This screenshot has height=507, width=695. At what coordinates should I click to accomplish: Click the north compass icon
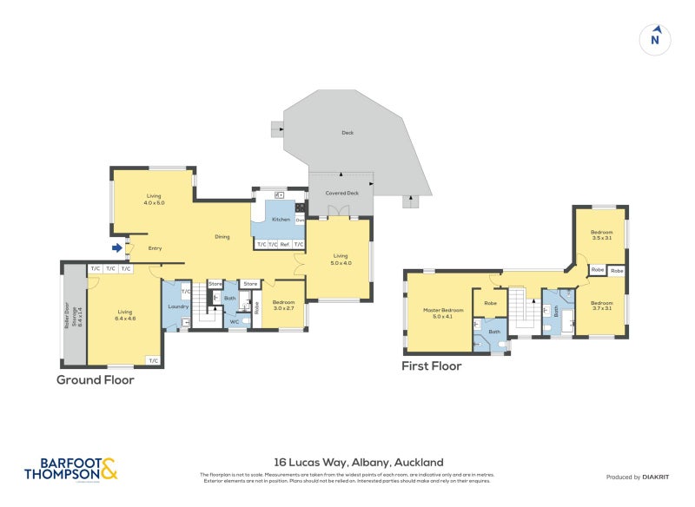pos(656,39)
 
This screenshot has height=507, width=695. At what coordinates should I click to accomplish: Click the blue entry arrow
pos(116,248)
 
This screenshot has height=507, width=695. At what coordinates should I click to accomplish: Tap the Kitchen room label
pos(281,220)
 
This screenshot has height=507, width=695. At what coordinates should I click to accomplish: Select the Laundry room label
pos(178,306)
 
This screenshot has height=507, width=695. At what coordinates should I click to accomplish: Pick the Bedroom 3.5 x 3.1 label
pos(602,234)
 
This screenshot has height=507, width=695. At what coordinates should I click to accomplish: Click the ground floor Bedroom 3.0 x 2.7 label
pos(284,306)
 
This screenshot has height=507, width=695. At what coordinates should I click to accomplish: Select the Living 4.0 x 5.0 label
pos(155,199)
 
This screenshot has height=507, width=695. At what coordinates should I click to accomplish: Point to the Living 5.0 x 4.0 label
pos(340,260)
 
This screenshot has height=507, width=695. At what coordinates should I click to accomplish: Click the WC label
pos(235,322)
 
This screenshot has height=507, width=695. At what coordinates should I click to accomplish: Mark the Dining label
pos(222,236)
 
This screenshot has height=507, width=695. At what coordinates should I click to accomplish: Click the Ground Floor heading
pos(96,379)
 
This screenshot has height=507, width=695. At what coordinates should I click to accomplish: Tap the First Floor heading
pos(431,366)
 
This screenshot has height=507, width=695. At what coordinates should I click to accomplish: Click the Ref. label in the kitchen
pos(285,245)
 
